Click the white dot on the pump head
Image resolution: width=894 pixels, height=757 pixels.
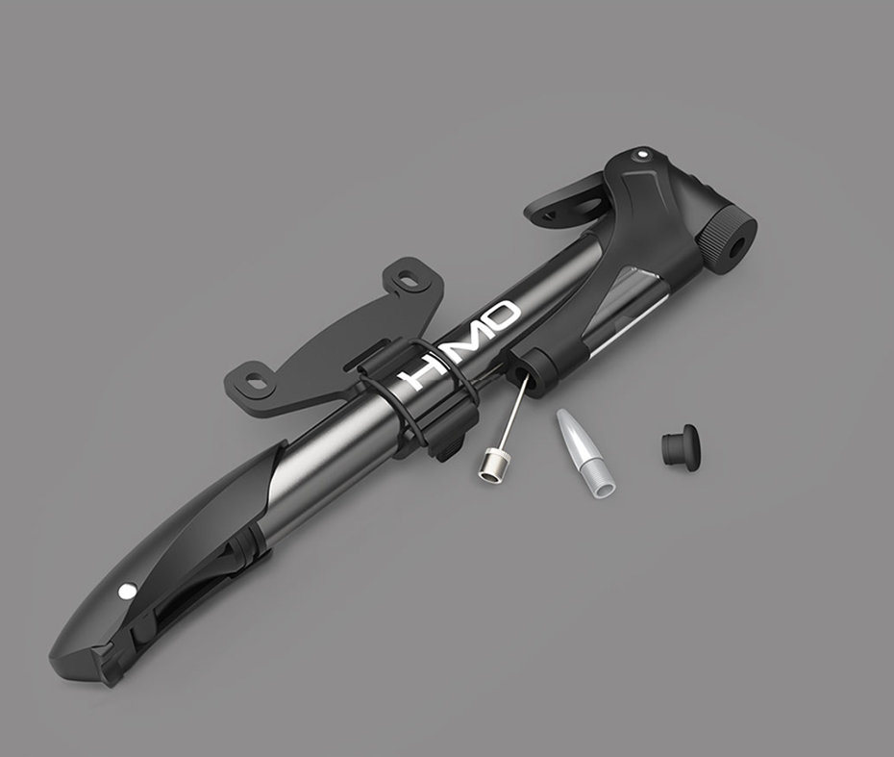pos(643,154)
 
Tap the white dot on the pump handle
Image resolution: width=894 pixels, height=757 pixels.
pos(124,593)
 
